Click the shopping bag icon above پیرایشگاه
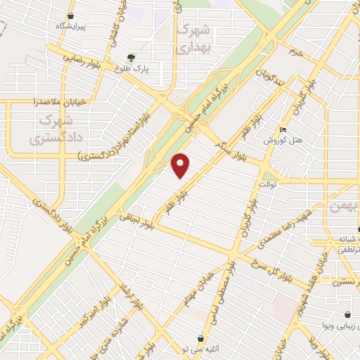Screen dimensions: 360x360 [x=70, y=15]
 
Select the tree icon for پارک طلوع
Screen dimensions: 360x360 [x=130, y=58]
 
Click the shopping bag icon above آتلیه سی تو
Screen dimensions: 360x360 [x=202, y=338]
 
